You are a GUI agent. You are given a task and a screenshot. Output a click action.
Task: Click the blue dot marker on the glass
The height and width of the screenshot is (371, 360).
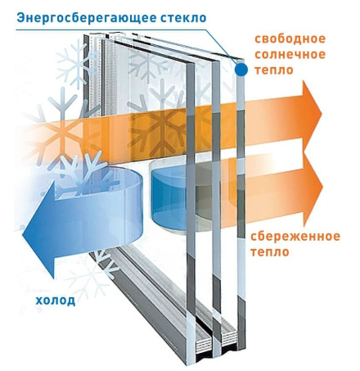pos(241,70)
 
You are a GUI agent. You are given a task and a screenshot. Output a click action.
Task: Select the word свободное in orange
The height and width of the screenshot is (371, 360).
pos(290,38)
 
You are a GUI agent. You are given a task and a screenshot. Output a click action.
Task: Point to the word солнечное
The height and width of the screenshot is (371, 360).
pos(290,54)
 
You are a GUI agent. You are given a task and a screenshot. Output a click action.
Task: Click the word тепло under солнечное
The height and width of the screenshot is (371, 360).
pos(274,70)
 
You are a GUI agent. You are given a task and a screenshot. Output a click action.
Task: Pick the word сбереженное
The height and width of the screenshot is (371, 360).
pos(295,236)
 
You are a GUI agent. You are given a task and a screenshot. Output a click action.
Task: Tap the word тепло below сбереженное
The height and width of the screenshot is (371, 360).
pos(269,251)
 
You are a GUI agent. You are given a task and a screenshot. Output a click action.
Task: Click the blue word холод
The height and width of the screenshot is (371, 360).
pos(56,301)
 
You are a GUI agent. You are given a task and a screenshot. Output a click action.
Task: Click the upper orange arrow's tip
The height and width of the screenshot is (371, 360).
pos(322,114)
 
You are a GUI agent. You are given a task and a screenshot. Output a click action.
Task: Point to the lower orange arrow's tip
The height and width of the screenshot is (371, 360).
pos(323,187)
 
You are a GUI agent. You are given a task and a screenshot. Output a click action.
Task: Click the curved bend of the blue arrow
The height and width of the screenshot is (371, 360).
pos(137,205)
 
